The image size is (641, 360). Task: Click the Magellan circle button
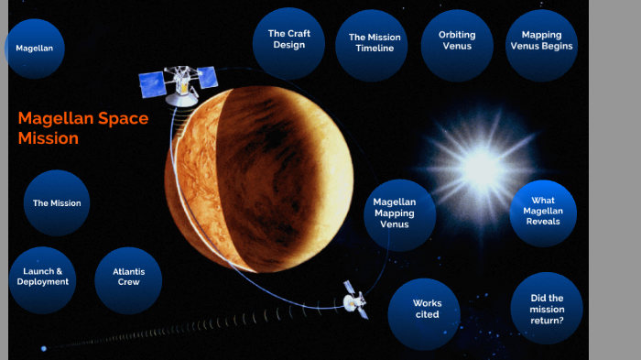(x=35, y=48)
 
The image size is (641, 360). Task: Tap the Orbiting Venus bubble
(x=451, y=41)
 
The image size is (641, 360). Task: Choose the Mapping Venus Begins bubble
(x=540, y=41)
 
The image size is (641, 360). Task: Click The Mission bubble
(x=57, y=202)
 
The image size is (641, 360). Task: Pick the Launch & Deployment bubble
(x=42, y=278)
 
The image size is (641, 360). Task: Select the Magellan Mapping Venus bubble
(x=396, y=213)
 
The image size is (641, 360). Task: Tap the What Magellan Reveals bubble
(x=543, y=211)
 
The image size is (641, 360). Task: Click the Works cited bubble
(x=426, y=310)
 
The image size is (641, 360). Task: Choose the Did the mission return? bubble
(x=547, y=309)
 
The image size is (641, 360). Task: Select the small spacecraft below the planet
(x=354, y=299)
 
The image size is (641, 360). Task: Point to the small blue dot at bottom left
(x=43, y=348)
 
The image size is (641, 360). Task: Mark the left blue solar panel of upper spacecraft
(x=153, y=86)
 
